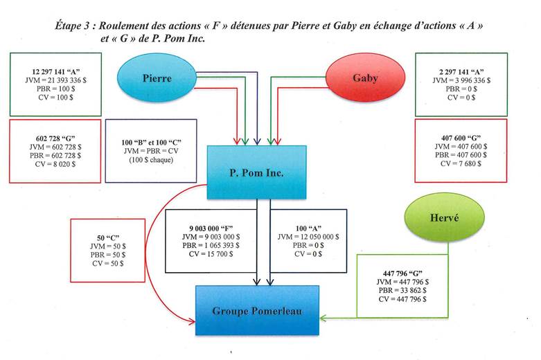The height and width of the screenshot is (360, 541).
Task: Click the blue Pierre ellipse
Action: click(x=157, y=78)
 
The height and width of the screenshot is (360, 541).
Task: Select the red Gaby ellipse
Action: click(x=365, y=78)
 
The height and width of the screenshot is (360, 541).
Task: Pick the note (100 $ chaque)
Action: click(x=150, y=161)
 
